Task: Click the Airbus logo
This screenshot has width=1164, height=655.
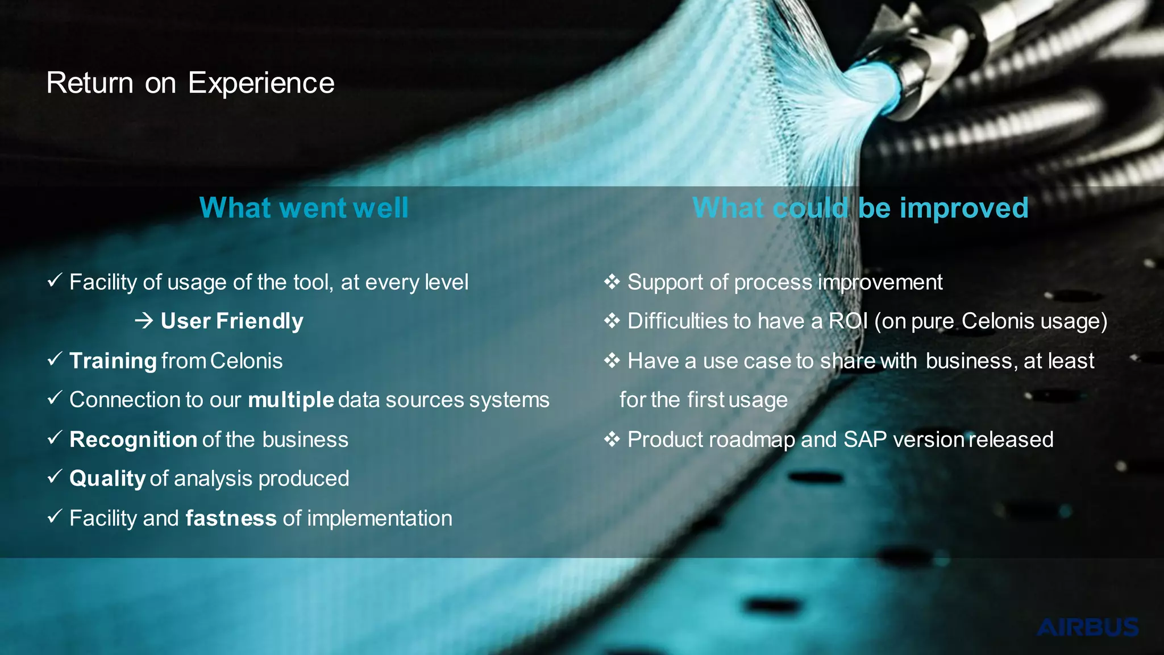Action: pyautogui.click(x=1087, y=628)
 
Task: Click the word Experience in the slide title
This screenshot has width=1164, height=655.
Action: pyautogui.click(x=261, y=84)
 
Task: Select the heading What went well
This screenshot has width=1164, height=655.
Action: pyautogui.click(x=304, y=208)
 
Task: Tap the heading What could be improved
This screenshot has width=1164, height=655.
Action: pyautogui.click(x=860, y=208)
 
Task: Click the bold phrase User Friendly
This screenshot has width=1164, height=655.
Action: pyautogui.click(x=232, y=321)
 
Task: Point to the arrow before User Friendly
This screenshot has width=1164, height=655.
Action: pyautogui.click(x=144, y=321)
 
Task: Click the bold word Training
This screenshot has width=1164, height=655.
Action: pyautogui.click(x=113, y=361)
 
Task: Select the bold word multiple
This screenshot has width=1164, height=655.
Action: pyautogui.click(x=290, y=400)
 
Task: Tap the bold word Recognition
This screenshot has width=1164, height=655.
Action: pyautogui.click(x=133, y=440)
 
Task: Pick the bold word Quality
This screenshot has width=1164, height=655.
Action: pyautogui.click(x=107, y=479)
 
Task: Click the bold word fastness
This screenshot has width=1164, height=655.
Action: pyautogui.click(x=231, y=518)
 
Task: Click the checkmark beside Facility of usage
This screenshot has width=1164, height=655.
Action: pyautogui.click(x=55, y=280)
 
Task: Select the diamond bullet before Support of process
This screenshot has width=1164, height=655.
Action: pyautogui.click(x=612, y=281)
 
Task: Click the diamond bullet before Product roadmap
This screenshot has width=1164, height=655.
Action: pyautogui.click(x=612, y=439)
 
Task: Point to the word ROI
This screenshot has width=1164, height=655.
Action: pyautogui.click(x=848, y=321)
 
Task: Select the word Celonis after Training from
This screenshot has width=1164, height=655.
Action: pyautogui.click(x=246, y=361)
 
